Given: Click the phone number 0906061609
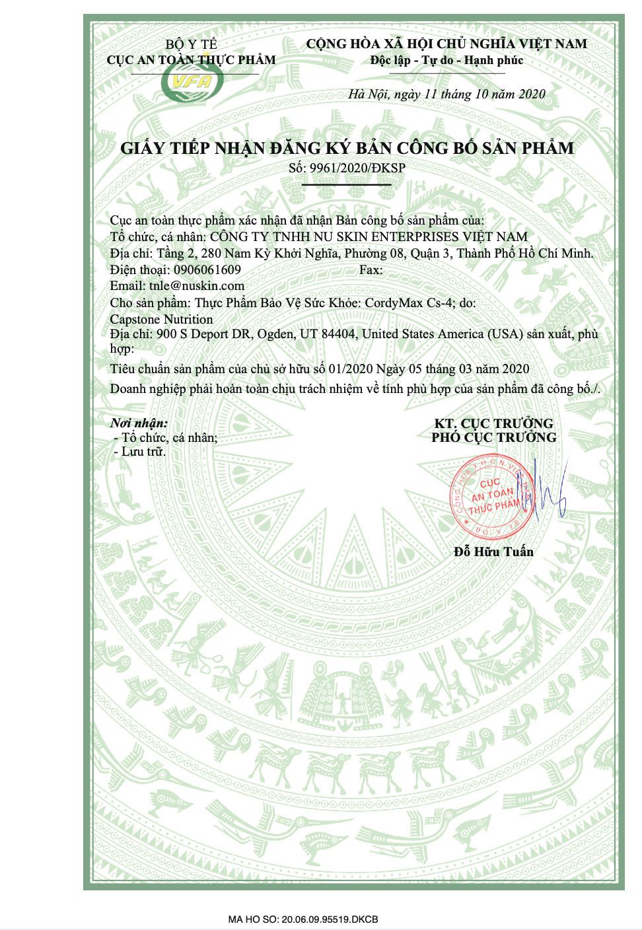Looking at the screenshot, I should tap(207, 270).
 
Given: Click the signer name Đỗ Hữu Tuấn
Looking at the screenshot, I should tap(493, 552).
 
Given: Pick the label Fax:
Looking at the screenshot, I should tap(371, 270).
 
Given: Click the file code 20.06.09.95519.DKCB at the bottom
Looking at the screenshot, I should tap(330, 919).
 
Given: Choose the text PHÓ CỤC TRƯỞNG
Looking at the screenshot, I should tap(493, 437).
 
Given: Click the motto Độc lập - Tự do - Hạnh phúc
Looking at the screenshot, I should tap(446, 61).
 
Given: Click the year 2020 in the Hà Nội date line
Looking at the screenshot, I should tap(531, 94).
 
